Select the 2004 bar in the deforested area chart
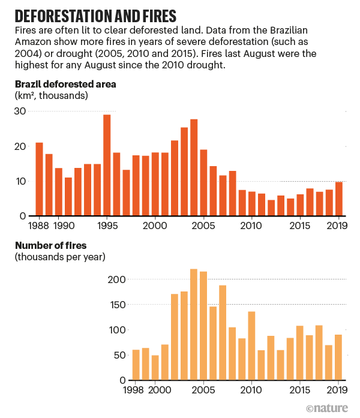pos(194,167)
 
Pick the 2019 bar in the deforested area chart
pos(339,199)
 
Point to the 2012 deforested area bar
pos(271,208)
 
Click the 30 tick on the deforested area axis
pos(20,111)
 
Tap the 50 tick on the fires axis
pos(119,355)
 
